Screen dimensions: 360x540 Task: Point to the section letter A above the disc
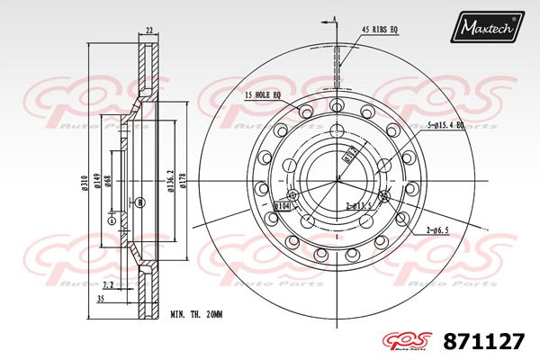[x=335, y=18]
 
